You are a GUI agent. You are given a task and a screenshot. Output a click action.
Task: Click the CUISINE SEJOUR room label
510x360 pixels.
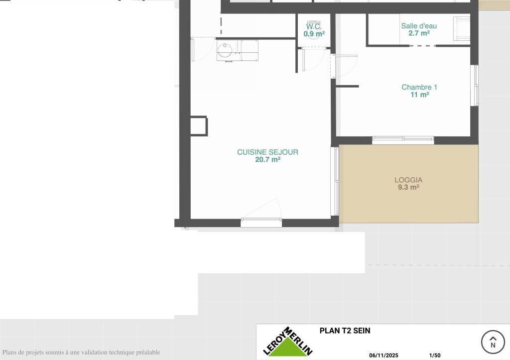coord(267,152)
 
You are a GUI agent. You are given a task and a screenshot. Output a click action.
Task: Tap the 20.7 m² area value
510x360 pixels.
coord(267,159)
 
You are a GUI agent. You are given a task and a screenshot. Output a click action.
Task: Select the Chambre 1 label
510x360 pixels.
coord(419,87)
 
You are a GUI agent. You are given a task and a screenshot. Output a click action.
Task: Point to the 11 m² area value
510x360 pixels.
coord(419,95)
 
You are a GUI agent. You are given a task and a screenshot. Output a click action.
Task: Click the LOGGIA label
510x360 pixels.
coord(408,180)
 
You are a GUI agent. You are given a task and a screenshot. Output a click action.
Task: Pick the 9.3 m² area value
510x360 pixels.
coord(408,187)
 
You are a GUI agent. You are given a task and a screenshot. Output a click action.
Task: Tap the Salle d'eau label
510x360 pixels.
coord(419,26)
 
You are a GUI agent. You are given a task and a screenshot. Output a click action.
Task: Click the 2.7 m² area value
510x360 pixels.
coord(419,33)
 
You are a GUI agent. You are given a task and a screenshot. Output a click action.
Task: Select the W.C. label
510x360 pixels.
coord(314,26)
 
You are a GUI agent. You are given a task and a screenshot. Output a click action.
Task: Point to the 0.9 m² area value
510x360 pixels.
coord(314,34)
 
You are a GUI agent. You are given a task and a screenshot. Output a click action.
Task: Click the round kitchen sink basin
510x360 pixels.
coord(225,50)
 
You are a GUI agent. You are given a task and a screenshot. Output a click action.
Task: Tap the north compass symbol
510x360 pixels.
coord(493,342)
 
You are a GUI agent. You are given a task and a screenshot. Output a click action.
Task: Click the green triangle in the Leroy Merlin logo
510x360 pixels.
coord(287,348)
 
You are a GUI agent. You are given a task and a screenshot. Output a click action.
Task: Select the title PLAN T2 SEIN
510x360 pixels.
coord(345,331)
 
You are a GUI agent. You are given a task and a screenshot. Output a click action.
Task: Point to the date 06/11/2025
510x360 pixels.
coord(384,356)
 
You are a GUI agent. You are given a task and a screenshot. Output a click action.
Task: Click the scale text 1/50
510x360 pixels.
coord(435,356)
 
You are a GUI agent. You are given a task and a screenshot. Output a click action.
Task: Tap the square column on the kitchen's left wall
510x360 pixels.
coord(199,126)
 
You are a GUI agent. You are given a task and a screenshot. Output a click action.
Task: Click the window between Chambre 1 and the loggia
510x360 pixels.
coord(403,140)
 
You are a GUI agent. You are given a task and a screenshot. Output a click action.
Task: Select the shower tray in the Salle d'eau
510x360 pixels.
coord(462,29)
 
